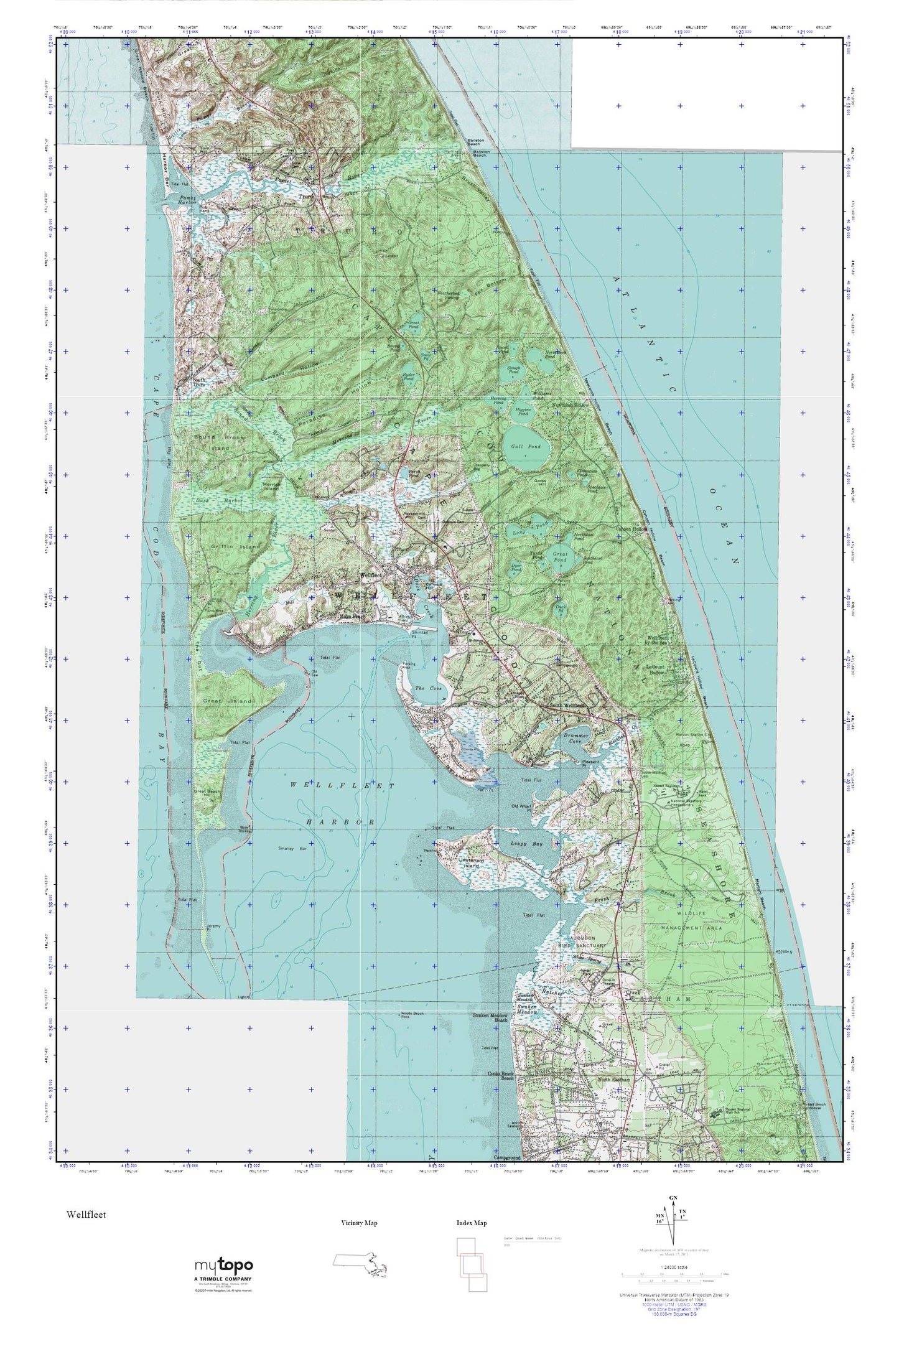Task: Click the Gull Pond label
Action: click(526, 447)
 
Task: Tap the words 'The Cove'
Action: click(428, 689)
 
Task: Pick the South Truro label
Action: click(199, 382)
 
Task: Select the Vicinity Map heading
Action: click(359, 1223)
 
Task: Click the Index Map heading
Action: click(471, 1223)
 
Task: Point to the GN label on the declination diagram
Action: click(673, 1197)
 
